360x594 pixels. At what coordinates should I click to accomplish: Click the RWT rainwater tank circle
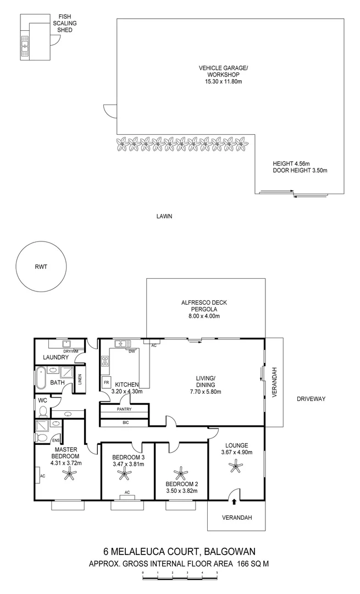pyautogui.click(x=41, y=267)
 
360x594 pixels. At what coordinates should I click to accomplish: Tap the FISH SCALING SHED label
pyautogui.click(x=64, y=24)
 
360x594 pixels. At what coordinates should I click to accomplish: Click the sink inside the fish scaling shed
pyautogui.click(x=25, y=47)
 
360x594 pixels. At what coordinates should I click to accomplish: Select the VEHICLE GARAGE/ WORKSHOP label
pyautogui.click(x=223, y=75)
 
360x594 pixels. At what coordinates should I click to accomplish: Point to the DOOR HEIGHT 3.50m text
pyautogui.click(x=300, y=170)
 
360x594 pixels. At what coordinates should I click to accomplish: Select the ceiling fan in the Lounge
pyautogui.click(x=237, y=467)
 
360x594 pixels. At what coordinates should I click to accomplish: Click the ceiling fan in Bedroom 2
pyautogui.click(x=181, y=473)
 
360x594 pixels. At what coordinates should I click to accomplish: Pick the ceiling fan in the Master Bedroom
pyautogui.click(x=69, y=474)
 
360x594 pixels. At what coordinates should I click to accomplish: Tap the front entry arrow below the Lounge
pyautogui.click(x=235, y=501)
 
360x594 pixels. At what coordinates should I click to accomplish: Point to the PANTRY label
pyautogui.click(x=124, y=410)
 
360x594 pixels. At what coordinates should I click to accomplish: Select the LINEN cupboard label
pyautogui.click(x=80, y=380)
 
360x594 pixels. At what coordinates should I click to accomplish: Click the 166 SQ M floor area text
pyautogui.click(x=253, y=564)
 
